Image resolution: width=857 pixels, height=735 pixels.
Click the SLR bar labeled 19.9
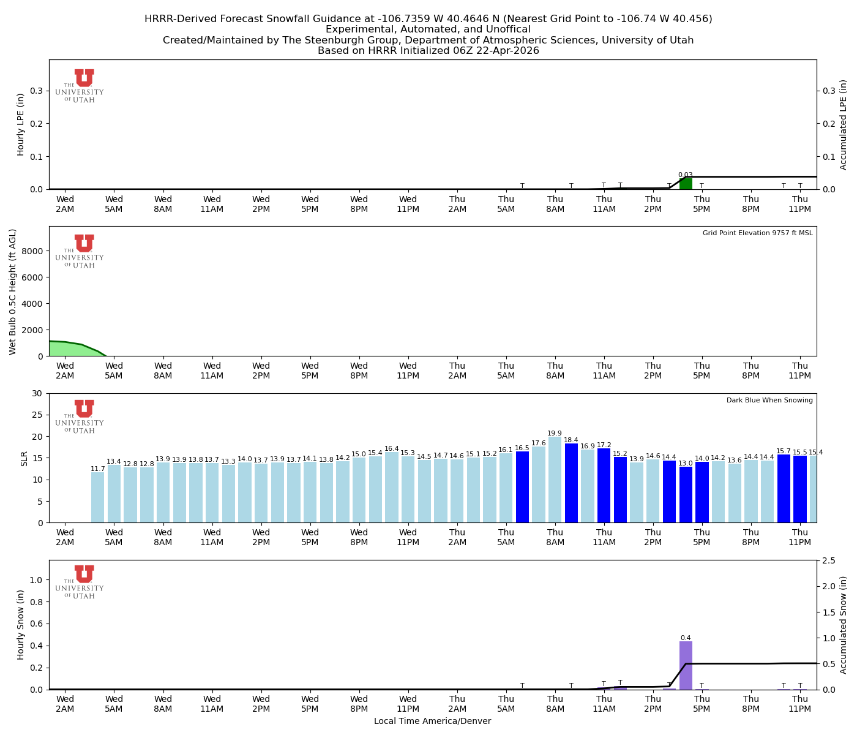pyautogui.click(x=555, y=480)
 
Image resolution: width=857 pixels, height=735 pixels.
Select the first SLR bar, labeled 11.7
pyautogui.click(x=97, y=497)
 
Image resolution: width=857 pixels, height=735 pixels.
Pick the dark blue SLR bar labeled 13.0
pyautogui.click(x=686, y=494)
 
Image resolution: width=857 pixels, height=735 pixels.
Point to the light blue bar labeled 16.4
pyautogui.click(x=392, y=487)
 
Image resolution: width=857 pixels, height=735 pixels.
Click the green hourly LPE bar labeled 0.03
pyautogui.click(x=686, y=184)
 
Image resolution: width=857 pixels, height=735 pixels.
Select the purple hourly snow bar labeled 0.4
pyautogui.click(x=686, y=665)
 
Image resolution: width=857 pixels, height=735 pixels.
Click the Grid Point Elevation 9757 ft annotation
pyautogui.click(x=757, y=233)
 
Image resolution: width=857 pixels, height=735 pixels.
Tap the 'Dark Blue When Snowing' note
pyautogui.click(x=769, y=401)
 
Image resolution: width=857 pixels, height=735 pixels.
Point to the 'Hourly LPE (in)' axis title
pyautogui.click(x=21, y=124)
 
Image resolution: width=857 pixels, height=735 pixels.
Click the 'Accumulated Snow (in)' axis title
pyautogui.click(x=843, y=625)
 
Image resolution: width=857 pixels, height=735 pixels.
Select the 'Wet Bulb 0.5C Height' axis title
pyautogui.click(x=13, y=292)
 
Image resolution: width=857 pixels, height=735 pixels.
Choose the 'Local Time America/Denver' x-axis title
pyautogui.click(x=432, y=722)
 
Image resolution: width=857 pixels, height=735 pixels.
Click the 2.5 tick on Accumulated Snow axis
pyautogui.click(x=829, y=560)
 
